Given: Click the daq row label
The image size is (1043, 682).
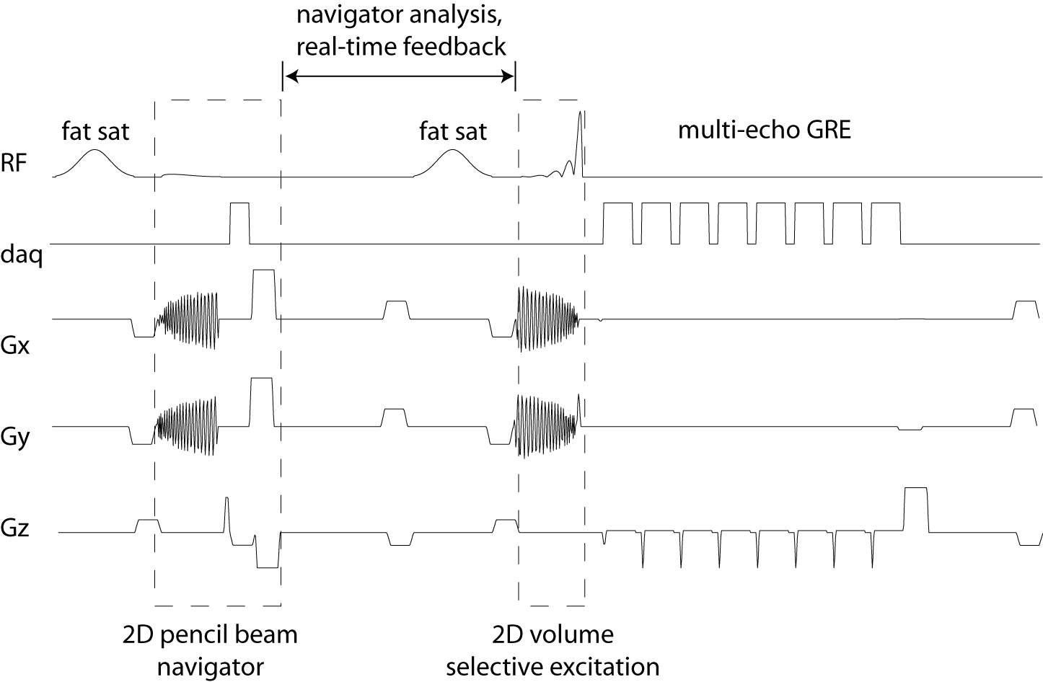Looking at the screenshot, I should (21, 255).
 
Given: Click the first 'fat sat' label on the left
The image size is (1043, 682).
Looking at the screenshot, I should (96, 131).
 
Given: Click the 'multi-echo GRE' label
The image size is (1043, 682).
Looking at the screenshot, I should (765, 130).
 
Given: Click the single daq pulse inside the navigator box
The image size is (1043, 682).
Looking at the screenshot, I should (239, 223).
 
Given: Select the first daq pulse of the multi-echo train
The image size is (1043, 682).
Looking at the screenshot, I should (617, 223).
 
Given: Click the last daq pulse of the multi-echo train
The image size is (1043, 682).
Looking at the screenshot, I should (886, 223).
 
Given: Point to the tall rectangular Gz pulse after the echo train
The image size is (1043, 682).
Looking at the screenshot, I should (915, 509).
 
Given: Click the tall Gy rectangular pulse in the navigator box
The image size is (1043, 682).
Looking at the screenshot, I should (261, 402).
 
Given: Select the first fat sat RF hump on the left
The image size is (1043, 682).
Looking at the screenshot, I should (94, 162).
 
